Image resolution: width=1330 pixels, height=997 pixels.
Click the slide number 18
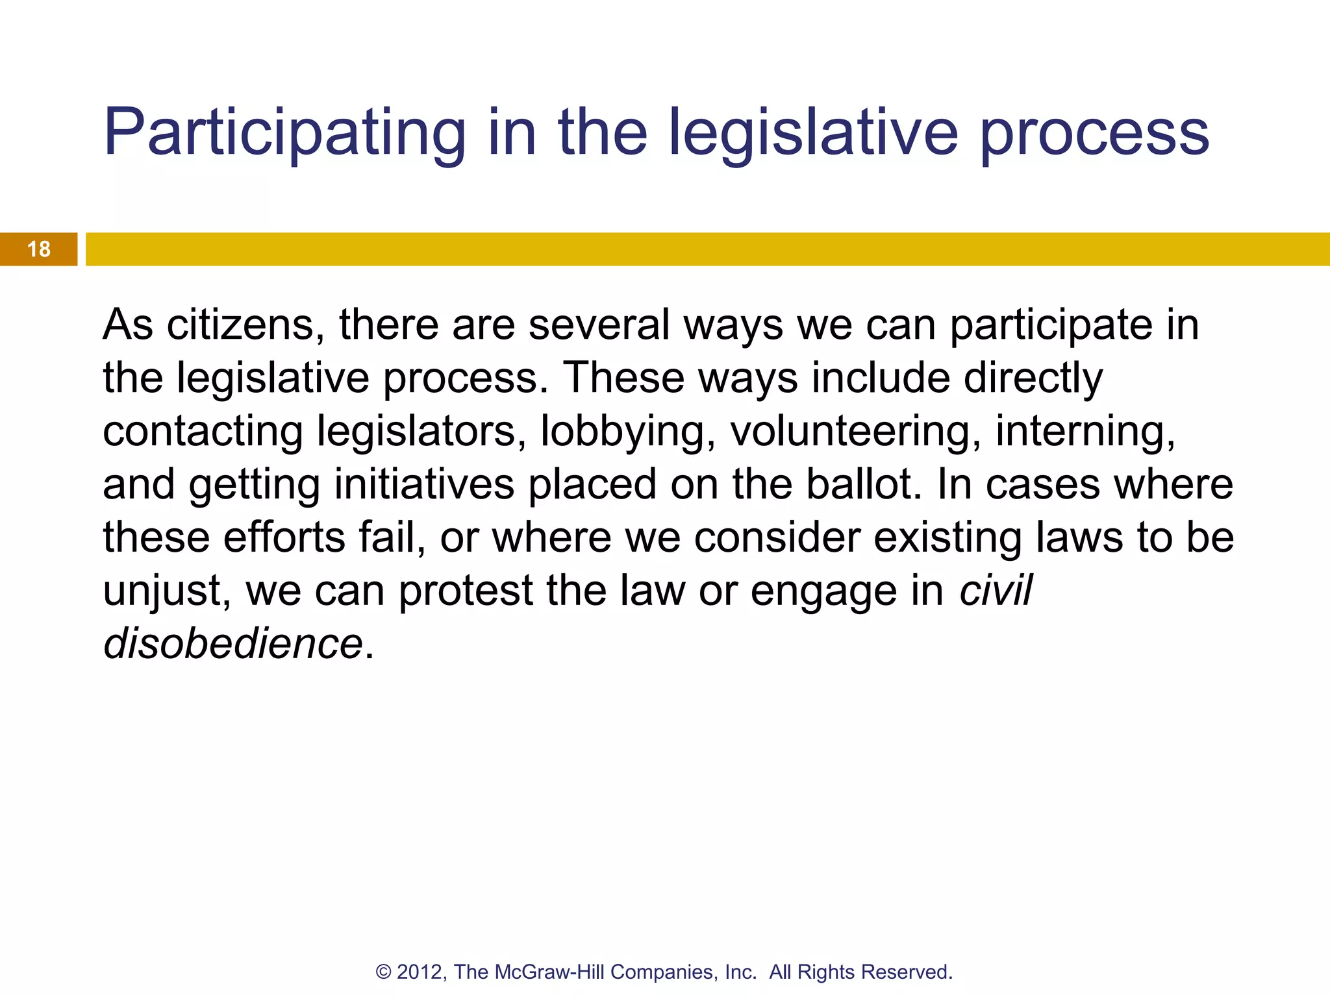pos(39,249)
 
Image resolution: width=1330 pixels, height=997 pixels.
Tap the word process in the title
pos(1094,133)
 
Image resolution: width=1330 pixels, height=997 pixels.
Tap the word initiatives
pos(424,485)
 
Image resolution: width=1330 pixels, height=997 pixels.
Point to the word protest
pos(466,591)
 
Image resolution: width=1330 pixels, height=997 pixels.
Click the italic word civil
pos(996,591)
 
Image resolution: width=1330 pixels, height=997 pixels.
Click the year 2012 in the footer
pos(420,972)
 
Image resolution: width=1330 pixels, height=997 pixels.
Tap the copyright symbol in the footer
pos(384,972)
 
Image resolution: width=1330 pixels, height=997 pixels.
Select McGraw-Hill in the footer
pos(550,972)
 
